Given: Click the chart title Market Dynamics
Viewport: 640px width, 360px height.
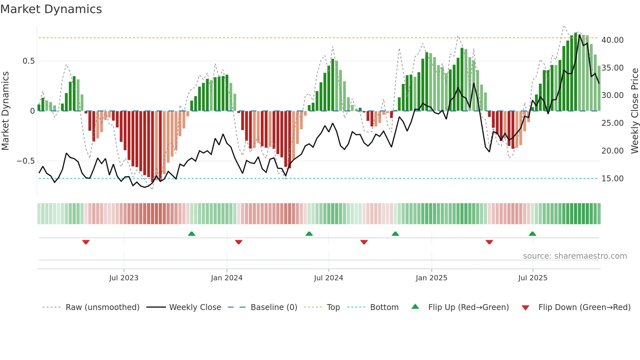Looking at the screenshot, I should (x=51, y=9).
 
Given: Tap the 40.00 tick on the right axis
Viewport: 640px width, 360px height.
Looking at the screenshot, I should (x=612, y=40).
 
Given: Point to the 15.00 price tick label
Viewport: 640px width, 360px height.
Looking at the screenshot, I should (x=612, y=179).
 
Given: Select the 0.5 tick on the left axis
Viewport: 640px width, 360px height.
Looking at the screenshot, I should (x=28, y=61).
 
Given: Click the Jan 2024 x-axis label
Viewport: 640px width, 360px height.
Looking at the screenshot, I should (x=227, y=278).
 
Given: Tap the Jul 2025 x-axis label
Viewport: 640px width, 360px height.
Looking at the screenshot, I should (x=533, y=278).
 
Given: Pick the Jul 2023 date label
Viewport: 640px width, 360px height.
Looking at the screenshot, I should (x=124, y=278).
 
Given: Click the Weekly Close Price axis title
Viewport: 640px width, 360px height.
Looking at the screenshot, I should (x=634, y=111).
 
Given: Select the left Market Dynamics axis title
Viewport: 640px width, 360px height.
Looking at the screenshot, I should (x=5, y=111).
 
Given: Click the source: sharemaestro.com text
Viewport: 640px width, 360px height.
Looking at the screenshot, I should (x=575, y=256).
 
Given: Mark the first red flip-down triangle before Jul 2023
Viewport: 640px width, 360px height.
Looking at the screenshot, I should (x=86, y=242).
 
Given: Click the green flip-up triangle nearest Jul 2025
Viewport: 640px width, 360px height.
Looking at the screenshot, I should (x=532, y=234).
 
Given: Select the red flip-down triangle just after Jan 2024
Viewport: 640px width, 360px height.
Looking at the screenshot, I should (x=239, y=242).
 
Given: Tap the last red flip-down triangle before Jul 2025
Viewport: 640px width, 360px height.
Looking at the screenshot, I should (x=489, y=242).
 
